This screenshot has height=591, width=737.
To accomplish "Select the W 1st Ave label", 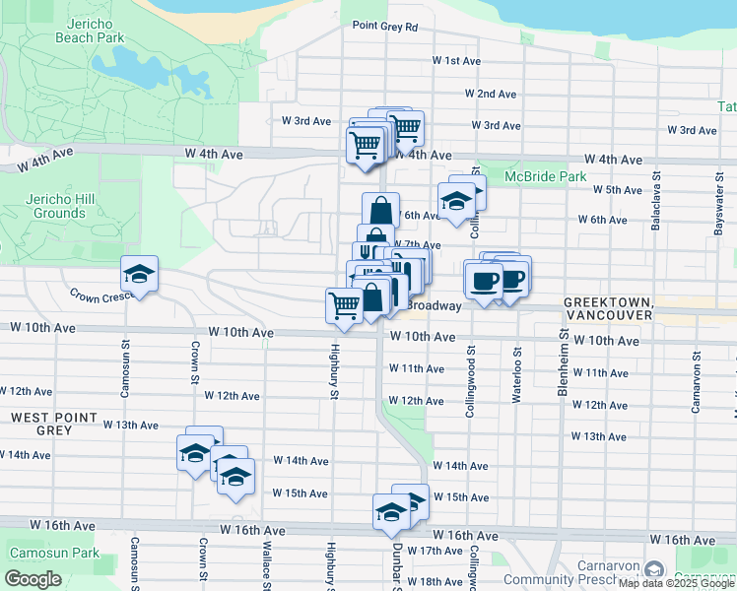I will (x=456, y=61).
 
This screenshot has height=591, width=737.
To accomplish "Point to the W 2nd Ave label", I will (x=492, y=95).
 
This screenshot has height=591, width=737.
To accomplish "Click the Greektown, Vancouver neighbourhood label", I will (x=607, y=308).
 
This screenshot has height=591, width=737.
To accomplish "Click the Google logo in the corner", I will (x=32, y=579).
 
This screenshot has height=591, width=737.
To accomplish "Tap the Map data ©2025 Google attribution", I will (x=675, y=584).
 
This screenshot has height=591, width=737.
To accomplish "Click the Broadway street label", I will (x=435, y=306).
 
